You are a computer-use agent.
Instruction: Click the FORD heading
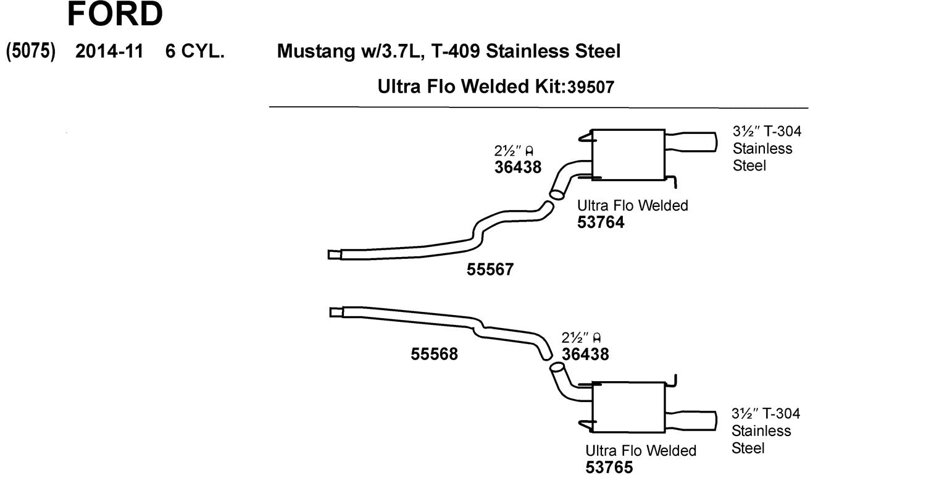115,14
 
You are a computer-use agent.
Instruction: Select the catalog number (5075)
30,51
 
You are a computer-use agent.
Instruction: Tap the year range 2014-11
109,51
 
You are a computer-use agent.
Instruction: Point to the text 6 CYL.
194,51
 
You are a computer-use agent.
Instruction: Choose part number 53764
601,222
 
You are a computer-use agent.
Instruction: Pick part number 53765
609,468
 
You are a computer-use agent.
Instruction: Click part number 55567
490,269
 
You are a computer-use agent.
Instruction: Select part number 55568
434,354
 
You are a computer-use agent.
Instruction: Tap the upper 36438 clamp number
517,167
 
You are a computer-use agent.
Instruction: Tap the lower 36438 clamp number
585,354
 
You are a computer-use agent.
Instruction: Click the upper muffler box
628,155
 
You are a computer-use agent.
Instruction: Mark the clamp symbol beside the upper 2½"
529,150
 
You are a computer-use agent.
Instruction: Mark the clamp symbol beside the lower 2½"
596,337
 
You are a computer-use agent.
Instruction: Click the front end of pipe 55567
334,254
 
